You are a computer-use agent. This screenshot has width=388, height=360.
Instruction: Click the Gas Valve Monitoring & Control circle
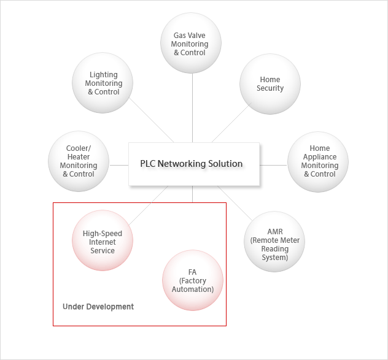pos(190,44)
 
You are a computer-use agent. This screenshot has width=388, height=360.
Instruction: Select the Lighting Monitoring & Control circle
pos(103,83)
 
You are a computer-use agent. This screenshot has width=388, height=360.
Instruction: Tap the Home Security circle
pos(270,84)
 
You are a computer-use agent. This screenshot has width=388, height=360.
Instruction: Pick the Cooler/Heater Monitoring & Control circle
pos(79,161)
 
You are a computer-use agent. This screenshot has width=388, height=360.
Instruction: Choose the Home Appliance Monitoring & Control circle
pos(319,161)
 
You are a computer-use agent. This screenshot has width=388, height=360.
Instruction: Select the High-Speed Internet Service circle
pos(103,241)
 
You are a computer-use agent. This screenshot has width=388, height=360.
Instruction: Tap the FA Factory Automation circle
pos(193,281)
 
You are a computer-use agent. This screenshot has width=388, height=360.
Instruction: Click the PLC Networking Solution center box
pos(194,164)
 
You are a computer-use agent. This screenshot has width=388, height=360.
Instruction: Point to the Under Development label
pos(98,307)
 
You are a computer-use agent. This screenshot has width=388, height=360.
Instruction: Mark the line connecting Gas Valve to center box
pos(193,107)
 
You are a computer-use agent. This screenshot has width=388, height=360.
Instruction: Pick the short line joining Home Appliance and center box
pos(274,164)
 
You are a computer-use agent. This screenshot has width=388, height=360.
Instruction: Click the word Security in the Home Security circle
pos(270,88)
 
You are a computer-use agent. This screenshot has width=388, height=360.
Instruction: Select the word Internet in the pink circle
pos(103,242)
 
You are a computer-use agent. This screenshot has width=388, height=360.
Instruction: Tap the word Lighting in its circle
pos(104,75)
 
